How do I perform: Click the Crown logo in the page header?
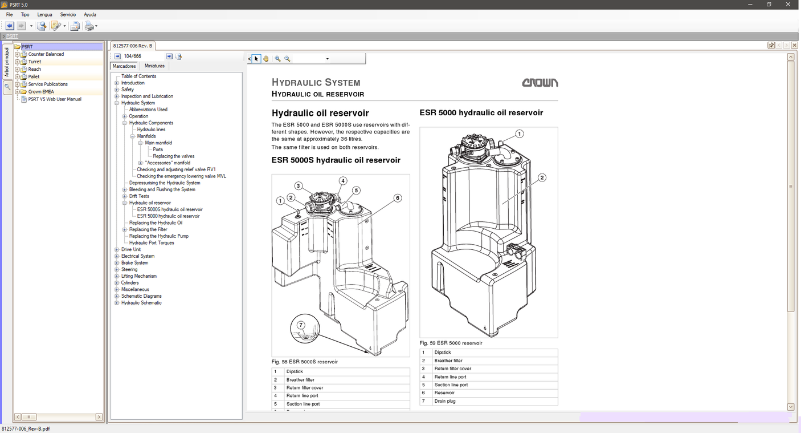tap(540, 83)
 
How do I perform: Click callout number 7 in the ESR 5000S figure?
tap(301, 325)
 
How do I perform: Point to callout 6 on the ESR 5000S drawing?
tap(397, 198)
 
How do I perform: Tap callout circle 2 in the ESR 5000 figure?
tap(542, 177)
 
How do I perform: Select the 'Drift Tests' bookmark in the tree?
tap(139, 196)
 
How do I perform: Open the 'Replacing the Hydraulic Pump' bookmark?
tap(158, 236)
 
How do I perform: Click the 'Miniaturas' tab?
tap(154, 66)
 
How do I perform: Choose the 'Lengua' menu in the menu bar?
tap(44, 14)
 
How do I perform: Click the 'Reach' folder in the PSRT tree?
tap(34, 69)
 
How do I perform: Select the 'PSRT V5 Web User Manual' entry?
tap(55, 99)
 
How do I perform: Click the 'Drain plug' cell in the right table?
tap(446, 401)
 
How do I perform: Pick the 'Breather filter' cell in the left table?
tap(300, 380)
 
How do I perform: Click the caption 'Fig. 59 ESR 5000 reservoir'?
tap(451, 343)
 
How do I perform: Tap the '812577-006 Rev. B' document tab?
tap(132, 46)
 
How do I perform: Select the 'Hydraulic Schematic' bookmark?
tap(141, 303)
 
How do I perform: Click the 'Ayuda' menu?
tap(90, 14)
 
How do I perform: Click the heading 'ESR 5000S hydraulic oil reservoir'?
tap(336, 160)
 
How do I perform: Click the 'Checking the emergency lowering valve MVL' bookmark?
tap(181, 176)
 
